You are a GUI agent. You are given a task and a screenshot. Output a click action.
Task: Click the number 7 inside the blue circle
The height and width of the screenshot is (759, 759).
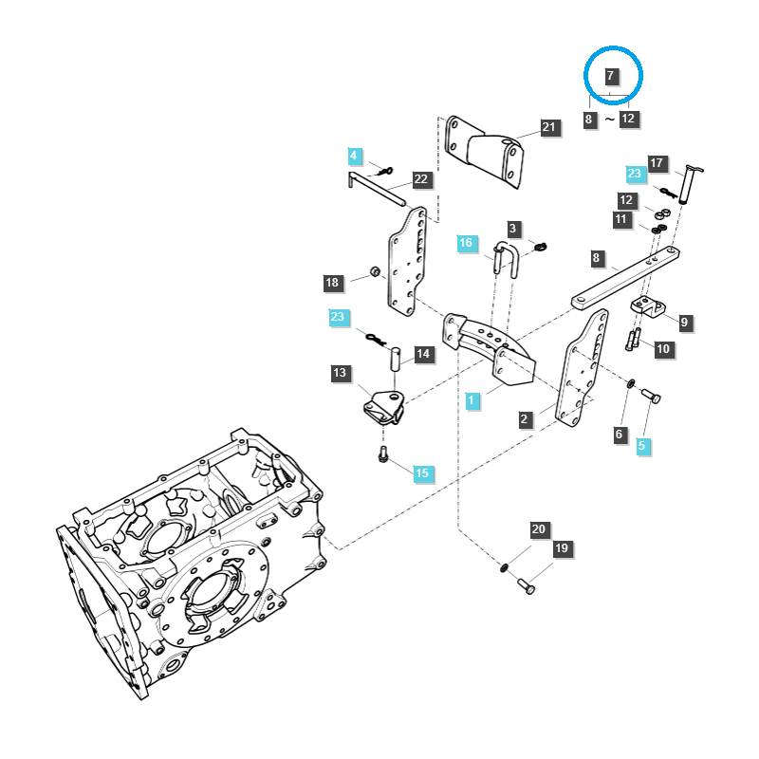(x=611, y=75)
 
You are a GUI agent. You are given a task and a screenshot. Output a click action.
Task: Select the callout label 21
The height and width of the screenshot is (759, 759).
(x=549, y=128)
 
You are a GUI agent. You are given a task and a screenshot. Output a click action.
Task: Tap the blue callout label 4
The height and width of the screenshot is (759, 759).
(x=354, y=155)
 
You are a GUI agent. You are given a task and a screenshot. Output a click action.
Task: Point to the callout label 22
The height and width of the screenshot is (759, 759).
(x=421, y=179)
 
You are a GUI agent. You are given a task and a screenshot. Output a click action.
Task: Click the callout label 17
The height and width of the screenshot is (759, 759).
(x=657, y=163)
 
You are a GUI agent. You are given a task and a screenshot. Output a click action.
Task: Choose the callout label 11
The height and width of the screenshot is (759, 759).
(x=621, y=219)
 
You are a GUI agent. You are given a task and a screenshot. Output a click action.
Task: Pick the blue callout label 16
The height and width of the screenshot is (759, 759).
(x=466, y=244)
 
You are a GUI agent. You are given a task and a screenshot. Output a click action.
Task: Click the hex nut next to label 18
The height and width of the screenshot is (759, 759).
(x=375, y=273)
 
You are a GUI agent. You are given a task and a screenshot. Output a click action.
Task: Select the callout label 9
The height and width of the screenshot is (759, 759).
(x=684, y=323)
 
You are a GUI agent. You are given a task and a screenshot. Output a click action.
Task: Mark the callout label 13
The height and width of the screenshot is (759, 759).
(x=341, y=373)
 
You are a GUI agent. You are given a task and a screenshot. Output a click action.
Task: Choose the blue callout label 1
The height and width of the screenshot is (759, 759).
(x=471, y=401)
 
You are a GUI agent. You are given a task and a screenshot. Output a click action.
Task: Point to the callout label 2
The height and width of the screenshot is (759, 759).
(x=524, y=418)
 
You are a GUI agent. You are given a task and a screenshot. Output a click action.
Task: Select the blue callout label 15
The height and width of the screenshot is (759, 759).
(x=421, y=472)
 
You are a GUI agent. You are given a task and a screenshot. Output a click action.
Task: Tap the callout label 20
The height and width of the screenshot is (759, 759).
(x=539, y=529)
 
